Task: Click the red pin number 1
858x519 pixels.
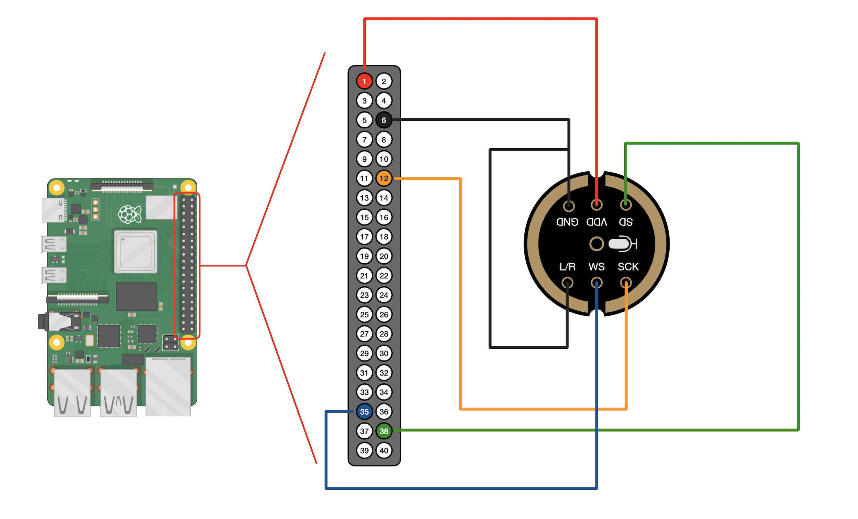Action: point(364,81)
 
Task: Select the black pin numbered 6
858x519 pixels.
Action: point(384,120)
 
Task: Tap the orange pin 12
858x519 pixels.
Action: point(384,178)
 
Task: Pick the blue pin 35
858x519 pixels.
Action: point(364,412)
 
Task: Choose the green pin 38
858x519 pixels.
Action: point(384,431)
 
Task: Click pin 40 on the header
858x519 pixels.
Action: point(384,450)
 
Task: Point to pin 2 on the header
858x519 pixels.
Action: point(384,81)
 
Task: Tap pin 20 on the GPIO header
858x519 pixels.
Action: point(384,256)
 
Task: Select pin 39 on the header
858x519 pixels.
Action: point(364,450)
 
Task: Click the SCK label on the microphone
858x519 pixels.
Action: point(628,267)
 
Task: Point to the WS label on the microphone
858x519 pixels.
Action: point(596,267)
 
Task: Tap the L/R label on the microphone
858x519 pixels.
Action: point(567,267)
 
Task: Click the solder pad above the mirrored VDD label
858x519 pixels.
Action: point(596,205)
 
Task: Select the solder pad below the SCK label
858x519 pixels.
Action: point(626,283)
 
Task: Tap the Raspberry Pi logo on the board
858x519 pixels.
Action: point(129,214)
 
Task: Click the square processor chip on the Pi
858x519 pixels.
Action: point(136,252)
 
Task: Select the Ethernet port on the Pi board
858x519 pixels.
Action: point(168,386)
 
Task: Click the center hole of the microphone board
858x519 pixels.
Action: point(596,244)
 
